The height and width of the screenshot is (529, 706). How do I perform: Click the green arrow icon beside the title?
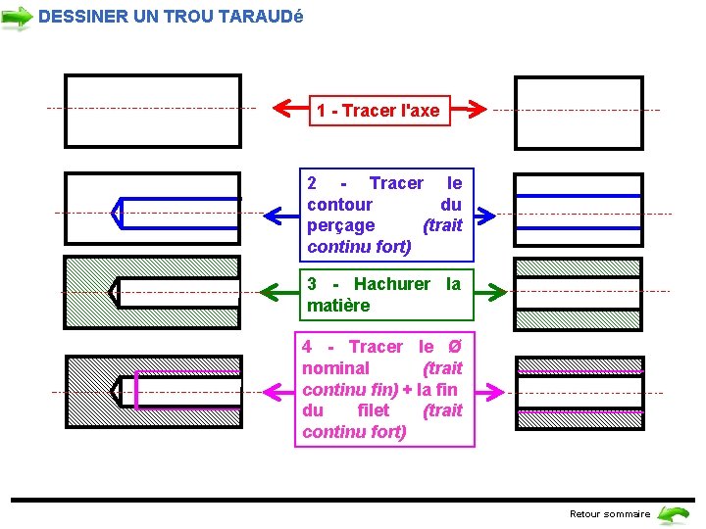17,17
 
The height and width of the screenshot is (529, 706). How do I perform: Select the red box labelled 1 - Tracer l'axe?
378,111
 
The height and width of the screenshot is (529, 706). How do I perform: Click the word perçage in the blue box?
340,225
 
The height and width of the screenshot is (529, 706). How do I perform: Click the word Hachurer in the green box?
391,284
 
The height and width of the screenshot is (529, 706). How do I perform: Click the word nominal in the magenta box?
335,368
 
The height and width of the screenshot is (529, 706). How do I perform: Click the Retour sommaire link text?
609,513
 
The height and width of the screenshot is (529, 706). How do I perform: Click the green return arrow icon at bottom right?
673,513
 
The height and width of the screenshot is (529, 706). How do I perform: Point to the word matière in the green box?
338,306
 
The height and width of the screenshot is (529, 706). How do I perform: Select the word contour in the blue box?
339,205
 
